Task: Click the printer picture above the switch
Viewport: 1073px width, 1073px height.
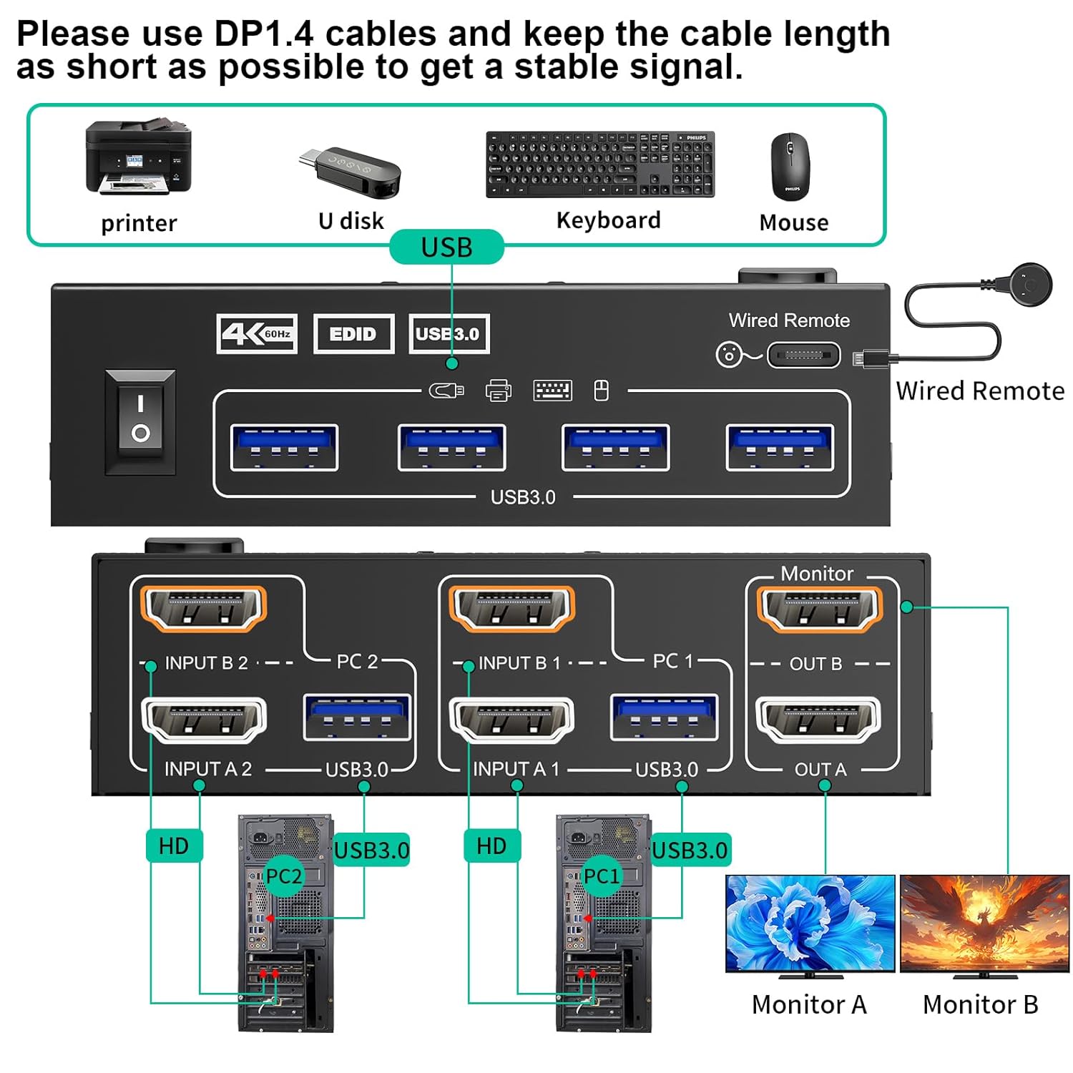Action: pos(138,157)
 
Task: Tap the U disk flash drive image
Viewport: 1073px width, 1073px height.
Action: pos(351,172)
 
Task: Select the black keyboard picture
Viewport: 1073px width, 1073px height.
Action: pos(600,165)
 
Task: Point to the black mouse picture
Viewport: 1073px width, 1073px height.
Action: pos(790,167)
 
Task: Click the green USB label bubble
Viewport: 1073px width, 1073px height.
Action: pos(446,248)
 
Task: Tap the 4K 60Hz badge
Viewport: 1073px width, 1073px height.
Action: pos(257,333)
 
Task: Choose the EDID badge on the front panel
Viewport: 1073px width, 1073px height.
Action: pos(353,334)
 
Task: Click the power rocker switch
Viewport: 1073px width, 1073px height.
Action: pos(140,421)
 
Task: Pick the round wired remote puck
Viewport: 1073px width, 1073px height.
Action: pos(1029,285)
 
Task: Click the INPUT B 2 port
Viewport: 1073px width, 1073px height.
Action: pos(204,609)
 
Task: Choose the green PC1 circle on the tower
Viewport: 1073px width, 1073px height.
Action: pos(601,876)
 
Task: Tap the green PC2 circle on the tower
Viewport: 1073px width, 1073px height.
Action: pos(283,876)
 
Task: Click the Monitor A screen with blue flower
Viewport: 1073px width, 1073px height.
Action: pos(810,923)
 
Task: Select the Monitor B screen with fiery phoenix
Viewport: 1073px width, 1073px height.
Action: pos(984,923)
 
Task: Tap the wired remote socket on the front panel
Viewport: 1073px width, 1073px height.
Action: pos(803,355)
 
